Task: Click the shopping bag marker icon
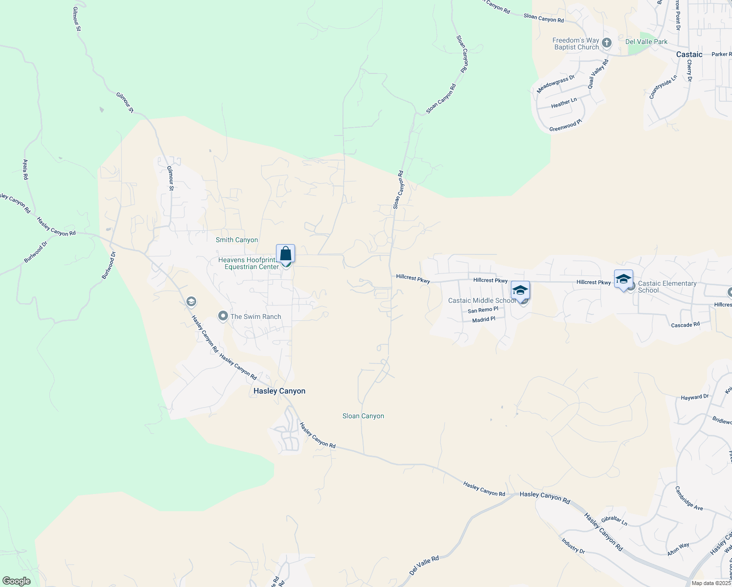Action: pos(285,254)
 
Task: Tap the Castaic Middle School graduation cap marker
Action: pos(520,291)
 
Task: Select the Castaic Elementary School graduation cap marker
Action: pos(623,279)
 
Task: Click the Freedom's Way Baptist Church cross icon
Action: pos(607,43)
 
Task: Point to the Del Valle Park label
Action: pos(646,42)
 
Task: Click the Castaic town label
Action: pos(689,54)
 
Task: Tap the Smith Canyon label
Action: pos(237,240)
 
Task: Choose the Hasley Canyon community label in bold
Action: pos(279,391)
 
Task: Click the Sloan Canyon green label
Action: pos(363,416)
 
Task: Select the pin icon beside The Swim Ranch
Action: pos(223,316)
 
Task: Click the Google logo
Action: pos(17,581)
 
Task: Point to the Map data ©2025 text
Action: pos(711,583)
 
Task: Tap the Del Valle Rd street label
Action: pos(424,565)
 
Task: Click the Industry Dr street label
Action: pos(573,545)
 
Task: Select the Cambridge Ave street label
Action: pos(688,498)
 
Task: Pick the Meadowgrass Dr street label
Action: pos(555,84)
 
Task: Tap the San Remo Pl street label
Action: pos(482,310)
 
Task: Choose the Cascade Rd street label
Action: pos(685,325)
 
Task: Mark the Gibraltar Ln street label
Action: pos(614,520)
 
